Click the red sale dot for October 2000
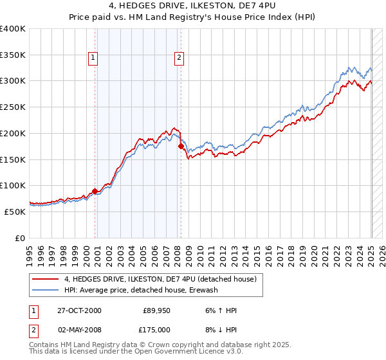pos(95,190)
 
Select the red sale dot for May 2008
pos(181,146)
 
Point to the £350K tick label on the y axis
pos(13,55)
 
